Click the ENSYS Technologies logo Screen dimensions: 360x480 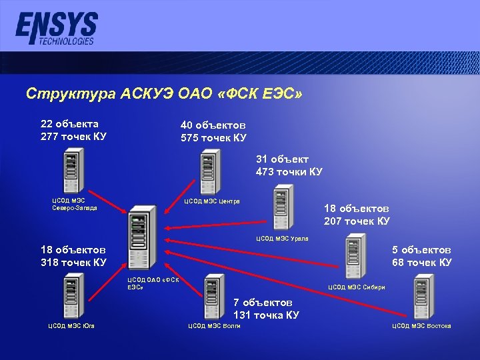(56, 29)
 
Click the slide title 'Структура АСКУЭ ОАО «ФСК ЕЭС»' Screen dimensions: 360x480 (164, 94)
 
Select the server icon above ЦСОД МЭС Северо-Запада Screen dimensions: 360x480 (73, 173)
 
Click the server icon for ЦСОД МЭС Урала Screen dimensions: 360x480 (279, 211)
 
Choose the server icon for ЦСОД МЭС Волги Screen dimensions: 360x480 (215, 296)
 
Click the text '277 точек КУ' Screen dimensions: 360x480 (73, 137)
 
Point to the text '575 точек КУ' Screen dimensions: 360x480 (213, 138)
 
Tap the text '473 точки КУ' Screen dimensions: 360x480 (289, 172)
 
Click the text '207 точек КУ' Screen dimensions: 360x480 (357, 221)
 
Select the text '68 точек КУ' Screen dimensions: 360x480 (422, 262)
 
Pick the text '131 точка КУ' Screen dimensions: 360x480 (266, 315)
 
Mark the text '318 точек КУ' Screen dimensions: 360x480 (73, 262)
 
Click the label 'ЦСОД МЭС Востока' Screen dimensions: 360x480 (421, 326)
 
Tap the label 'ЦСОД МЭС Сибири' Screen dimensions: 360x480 (357, 287)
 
